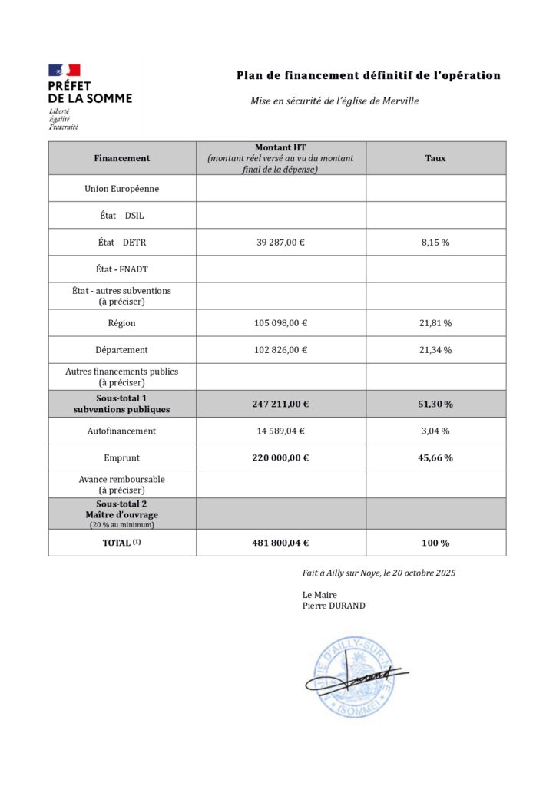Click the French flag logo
click(65, 71)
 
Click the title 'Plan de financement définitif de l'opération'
click(368, 75)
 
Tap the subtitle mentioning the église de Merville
click(334, 101)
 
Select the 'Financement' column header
click(122, 158)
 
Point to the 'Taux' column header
click(435, 158)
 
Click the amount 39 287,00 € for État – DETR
click(280, 243)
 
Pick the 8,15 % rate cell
click(435, 243)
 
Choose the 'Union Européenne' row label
click(122, 189)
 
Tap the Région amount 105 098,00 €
click(280, 323)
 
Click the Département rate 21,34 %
click(435, 350)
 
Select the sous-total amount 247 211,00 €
click(280, 404)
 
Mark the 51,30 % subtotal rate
click(435, 404)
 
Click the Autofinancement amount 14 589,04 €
click(280, 431)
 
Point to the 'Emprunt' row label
click(122, 458)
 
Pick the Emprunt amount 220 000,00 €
click(280, 458)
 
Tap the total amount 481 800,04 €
click(280, 543)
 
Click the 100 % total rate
click(435, 543)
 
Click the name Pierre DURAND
click(334, 606)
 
